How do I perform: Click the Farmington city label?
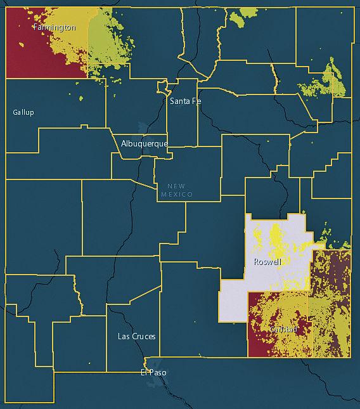[55, 27]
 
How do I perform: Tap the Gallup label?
[23, 112]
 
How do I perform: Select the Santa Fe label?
[185, 101]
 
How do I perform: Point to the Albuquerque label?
[145, 144]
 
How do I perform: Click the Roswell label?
[267, 262]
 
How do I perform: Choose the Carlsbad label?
[282, 330]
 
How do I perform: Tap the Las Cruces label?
[137, 336]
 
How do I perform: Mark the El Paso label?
[153, 372]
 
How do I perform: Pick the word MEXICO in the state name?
[176, 194]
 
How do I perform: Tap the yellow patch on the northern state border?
[245, 15]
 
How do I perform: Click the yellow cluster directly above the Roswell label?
[278, 238]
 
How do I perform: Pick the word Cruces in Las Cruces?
[145, 336]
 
